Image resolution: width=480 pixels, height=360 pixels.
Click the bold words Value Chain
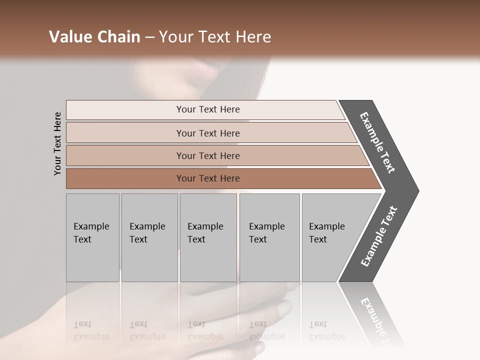click(94, 37)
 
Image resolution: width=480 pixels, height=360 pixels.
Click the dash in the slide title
click(149, 37)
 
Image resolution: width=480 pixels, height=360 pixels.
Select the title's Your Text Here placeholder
click(215, 37)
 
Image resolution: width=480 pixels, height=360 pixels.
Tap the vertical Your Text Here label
click(58, 144)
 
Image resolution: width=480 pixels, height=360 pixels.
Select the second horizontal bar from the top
click(208, 133)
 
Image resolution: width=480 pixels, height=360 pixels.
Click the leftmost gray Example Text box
click(92, 237)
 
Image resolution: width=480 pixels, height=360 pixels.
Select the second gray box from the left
click(149, 237)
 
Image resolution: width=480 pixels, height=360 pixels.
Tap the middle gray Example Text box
click(208, 237)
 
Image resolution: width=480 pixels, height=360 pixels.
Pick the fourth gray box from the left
click(269, 237)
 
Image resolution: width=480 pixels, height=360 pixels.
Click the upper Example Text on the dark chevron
click(377, 142)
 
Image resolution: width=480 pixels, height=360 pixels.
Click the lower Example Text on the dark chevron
click(379, 236)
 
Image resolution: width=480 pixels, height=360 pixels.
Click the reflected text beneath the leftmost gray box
click(91, 330)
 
